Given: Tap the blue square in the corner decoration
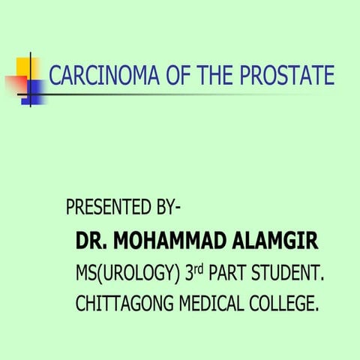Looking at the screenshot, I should pyautogui.click(x=34, y=91).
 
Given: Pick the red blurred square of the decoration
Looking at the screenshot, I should pyautogui.click(x=14, y=83).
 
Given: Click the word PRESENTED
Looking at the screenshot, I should pyautogui.click(x=113, y=207).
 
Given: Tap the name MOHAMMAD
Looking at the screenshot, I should pyautogui.click(x=165, y=242).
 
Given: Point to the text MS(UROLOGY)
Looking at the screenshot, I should pyautogui.click(x=127, y=274).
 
